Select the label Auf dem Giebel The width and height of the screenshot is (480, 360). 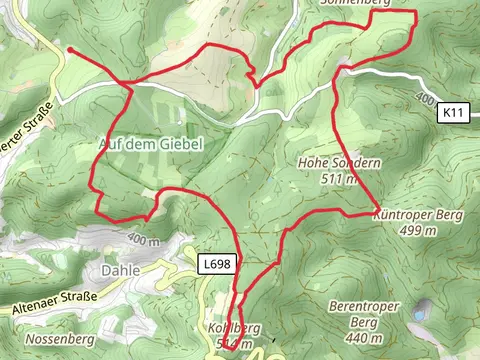(151, 144)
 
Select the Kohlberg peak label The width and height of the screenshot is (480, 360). (233, 328)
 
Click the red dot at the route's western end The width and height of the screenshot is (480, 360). (70, 49)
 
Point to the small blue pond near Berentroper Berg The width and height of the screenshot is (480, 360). (424, 308)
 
